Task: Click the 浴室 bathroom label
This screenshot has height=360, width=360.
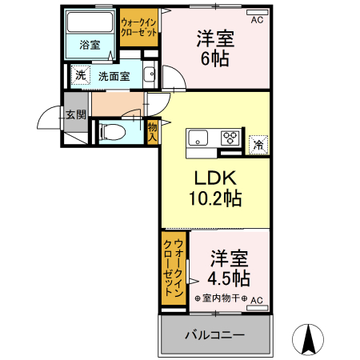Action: pos(90,46)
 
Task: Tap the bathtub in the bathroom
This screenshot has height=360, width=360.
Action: pos(90,22)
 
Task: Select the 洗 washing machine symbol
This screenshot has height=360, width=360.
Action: pos(80,75)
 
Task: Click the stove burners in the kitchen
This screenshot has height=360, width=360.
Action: pos(230,137)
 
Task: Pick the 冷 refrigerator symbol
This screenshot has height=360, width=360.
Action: pos(258,144)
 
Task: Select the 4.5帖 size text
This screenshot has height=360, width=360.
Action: pos(228,279)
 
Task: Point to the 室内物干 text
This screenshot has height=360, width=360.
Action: pos(222,299)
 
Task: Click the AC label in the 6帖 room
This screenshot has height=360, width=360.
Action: pos(257,21)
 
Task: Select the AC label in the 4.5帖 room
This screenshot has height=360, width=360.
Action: pos(257,301)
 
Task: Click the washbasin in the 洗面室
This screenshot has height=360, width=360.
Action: pos(150,76)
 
